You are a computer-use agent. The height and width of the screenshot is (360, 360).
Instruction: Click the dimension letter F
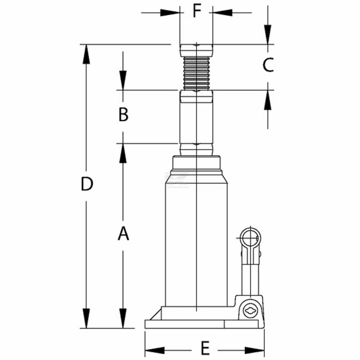click(x=197, y=11)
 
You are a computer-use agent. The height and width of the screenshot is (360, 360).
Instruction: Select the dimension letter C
click(x=268, y=64)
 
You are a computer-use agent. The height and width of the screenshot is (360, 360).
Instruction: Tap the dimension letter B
click(x=123, y=114)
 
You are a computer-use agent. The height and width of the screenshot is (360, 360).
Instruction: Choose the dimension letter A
click(x=123, y=233)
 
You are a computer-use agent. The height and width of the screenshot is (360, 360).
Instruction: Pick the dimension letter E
click(x=205, y=348)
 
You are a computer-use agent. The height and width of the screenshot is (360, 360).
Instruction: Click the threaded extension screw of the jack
click(x=197, y=73)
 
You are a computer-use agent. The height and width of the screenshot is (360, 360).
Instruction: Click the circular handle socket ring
click(x=250, y=238)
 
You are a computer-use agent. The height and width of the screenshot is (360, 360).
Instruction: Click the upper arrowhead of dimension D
click(x=86, y=54)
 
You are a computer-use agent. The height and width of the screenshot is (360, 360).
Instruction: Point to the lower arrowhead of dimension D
click(x=86, y=318)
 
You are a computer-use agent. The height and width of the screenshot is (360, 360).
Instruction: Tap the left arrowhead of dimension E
click(x=155, y=350)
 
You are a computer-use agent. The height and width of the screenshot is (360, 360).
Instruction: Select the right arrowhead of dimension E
click(x=255, y=350)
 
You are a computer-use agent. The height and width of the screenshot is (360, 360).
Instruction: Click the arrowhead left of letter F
click(x=170, y=13)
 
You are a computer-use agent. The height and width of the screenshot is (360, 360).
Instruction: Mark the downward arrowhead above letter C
click(x=268, y=35)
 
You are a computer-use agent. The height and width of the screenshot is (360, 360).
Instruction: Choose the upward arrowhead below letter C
click(x=268, y=100)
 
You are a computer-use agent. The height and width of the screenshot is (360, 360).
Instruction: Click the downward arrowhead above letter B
click(x=123, y=80)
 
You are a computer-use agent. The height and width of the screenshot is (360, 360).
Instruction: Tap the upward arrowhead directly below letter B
click(x=123, y=153)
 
